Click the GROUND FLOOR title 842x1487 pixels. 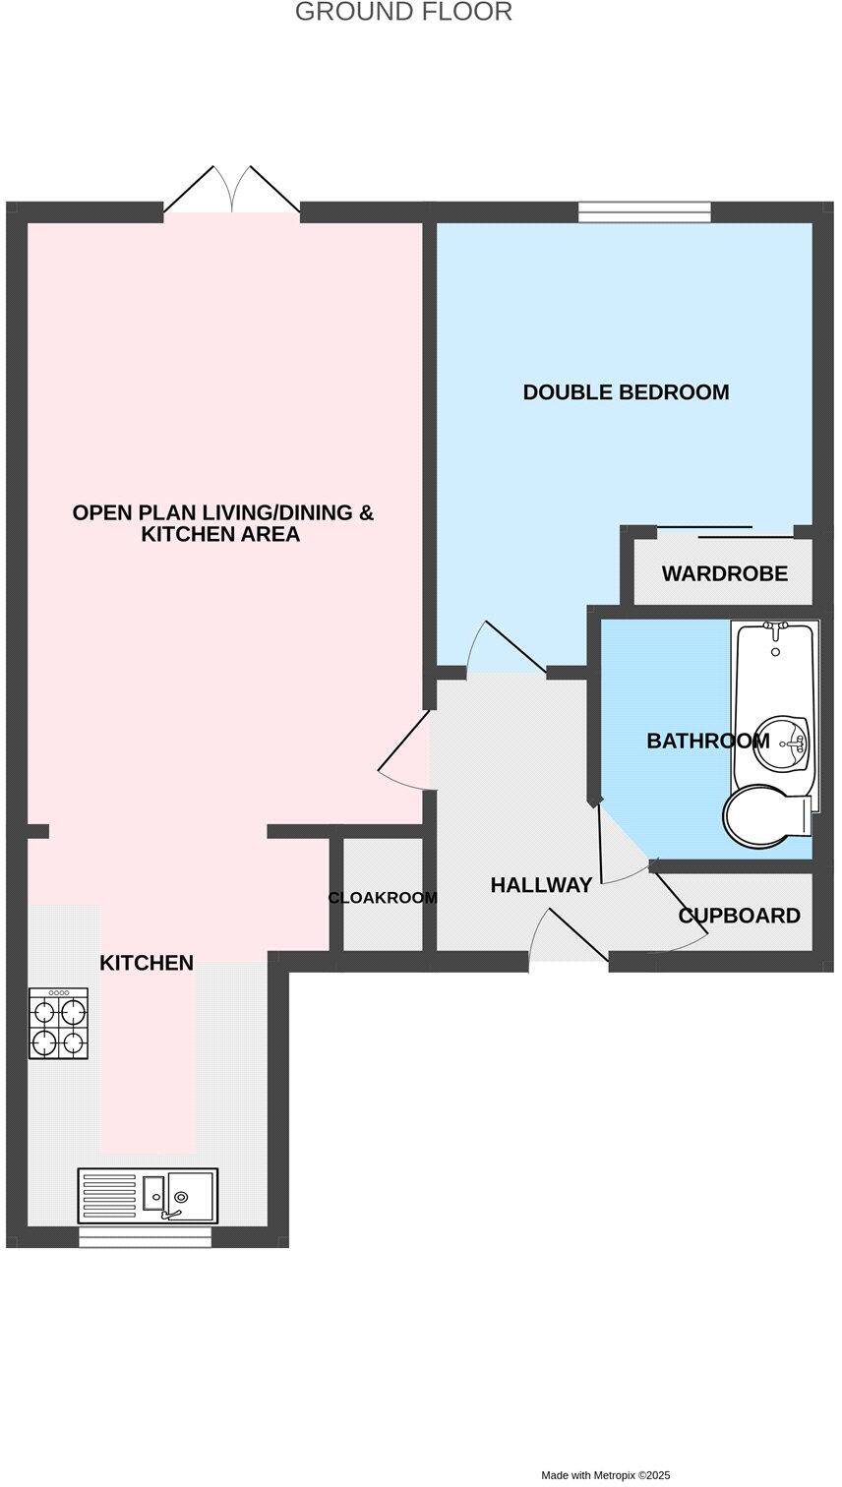point(403,13)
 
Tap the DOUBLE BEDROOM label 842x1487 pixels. point(626,392)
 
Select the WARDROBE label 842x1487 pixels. point(724,573)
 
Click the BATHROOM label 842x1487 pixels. point(707,741)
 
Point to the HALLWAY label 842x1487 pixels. point(541,885)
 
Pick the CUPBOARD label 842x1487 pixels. point(739,916)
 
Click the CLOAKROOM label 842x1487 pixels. point(383,898)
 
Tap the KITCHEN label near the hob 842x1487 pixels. point(147,963)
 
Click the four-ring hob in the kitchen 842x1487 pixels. point(58,1023)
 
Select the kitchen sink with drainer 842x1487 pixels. point(148,1195)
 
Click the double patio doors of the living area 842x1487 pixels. point(232,191)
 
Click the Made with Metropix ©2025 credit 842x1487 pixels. point(605,1475)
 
